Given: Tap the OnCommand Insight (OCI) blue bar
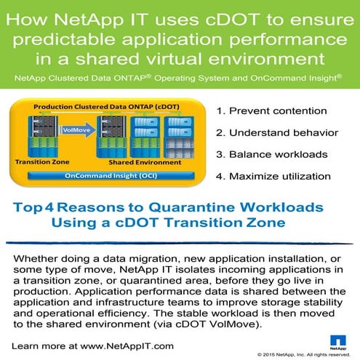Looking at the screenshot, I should tap(111, 175).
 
